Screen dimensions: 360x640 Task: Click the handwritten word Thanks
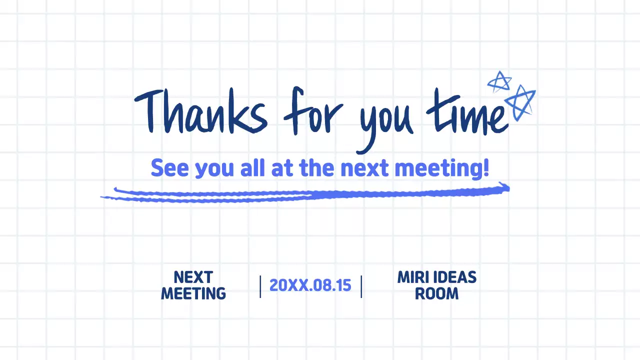tap(200, 112)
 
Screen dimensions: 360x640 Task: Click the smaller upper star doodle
tap(499, 81)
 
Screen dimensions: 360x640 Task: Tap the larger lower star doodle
tap(520, 102)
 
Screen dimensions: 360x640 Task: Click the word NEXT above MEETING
tap(193, 277)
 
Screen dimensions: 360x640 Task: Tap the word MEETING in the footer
tap(193, 293)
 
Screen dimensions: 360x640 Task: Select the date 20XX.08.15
tap(310, 285)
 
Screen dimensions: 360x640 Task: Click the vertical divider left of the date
tap(260, 286)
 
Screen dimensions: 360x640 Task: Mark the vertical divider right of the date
tap(361, 286)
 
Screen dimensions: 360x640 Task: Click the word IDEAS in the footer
tap(454, 277)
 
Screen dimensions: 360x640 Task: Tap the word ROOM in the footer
tap(436, 293)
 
